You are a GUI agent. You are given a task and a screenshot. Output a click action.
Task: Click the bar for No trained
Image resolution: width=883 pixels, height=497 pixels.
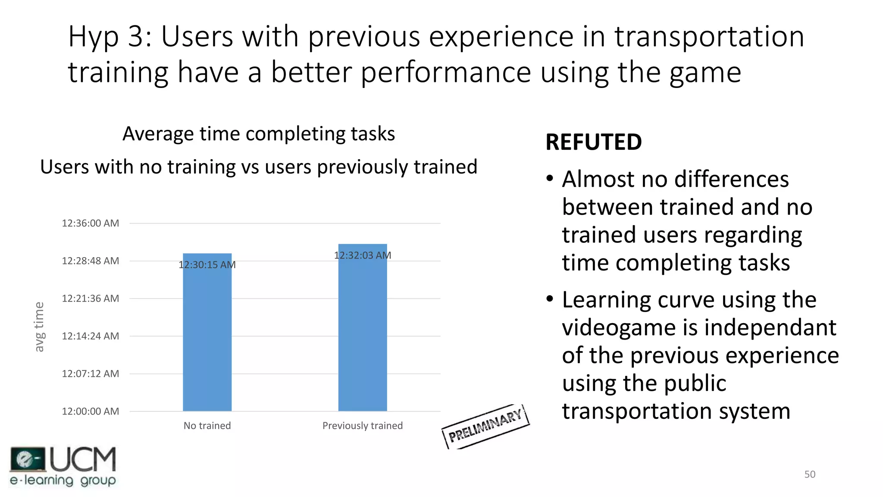click(207, 337)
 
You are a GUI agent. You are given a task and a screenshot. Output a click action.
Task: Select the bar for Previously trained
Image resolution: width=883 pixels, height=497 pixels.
click(362, 332)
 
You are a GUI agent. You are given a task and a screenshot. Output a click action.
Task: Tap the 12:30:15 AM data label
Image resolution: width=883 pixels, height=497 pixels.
click(207, 265)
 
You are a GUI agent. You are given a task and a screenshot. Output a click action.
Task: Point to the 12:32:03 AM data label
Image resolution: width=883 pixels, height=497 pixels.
click(362, 255)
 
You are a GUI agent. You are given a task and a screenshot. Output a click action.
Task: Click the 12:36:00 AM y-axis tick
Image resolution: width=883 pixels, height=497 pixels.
click(90, 223)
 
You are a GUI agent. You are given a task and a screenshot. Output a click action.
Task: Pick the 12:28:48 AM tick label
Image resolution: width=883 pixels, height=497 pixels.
click(90, 261)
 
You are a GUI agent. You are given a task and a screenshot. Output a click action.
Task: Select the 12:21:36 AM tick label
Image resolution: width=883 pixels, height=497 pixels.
click(90, 299)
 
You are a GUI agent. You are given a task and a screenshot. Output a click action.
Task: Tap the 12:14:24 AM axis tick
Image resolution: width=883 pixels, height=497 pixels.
click(90, 336)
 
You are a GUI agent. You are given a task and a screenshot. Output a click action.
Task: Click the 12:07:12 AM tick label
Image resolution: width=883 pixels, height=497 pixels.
click(90, 374)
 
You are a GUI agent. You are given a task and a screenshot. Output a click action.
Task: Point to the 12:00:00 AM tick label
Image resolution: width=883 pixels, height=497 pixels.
click(90, 411)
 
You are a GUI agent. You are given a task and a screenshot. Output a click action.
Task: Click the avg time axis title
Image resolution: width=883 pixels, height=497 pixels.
click(39, 327)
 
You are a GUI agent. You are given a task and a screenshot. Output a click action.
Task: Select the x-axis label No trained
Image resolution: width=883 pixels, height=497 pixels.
click(207, 426)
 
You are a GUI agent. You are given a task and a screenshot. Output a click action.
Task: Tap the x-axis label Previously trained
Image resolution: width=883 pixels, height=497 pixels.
click(362, 426)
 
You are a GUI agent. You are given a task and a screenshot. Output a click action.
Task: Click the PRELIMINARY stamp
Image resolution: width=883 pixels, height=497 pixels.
click(485, 427)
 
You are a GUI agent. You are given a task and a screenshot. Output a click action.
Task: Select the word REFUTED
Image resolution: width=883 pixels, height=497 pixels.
click(593, 142)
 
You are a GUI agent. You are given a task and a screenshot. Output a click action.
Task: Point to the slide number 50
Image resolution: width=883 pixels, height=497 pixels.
click(810, 475)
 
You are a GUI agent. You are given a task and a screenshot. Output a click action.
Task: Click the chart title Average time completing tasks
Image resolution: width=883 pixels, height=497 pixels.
click(259, 134)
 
